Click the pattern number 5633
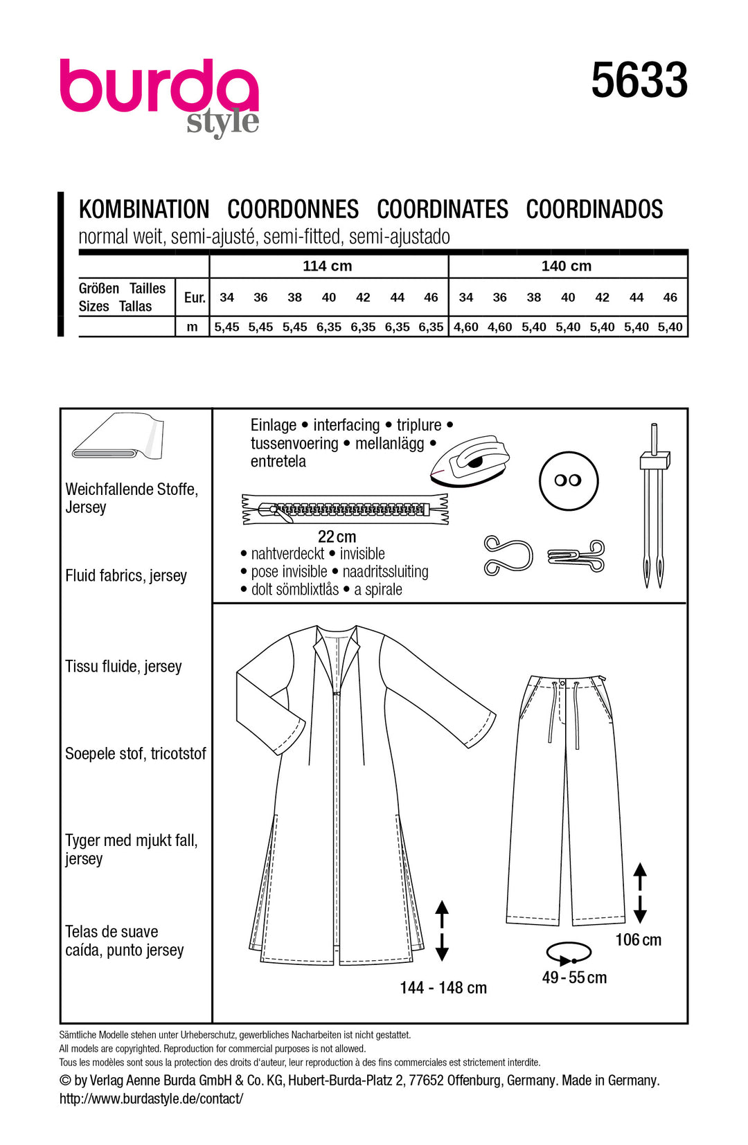[x=639, y=80]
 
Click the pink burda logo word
[x=159, y=86]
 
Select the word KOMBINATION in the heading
[x=144, y=209]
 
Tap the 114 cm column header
[x=327, y=266]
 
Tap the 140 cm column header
[x=566, y=266]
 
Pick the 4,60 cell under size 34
[x=466, y=327]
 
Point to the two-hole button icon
[x=568, y=480]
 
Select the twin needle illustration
[x=653, y=505]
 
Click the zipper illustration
[x=345, y=510]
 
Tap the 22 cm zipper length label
[x=337, y=537]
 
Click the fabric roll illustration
[x=118, y=437]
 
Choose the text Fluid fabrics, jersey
[x=126, y=575]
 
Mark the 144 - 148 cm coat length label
[x=443, y=988]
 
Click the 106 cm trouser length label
[x=638, y=939]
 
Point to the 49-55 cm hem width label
[x=574, y=977]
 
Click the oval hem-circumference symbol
[x=569, y=953]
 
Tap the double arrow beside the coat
[x=442, y=930]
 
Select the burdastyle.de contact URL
[x=151, y=1099]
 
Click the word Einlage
[x=274, y=425]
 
